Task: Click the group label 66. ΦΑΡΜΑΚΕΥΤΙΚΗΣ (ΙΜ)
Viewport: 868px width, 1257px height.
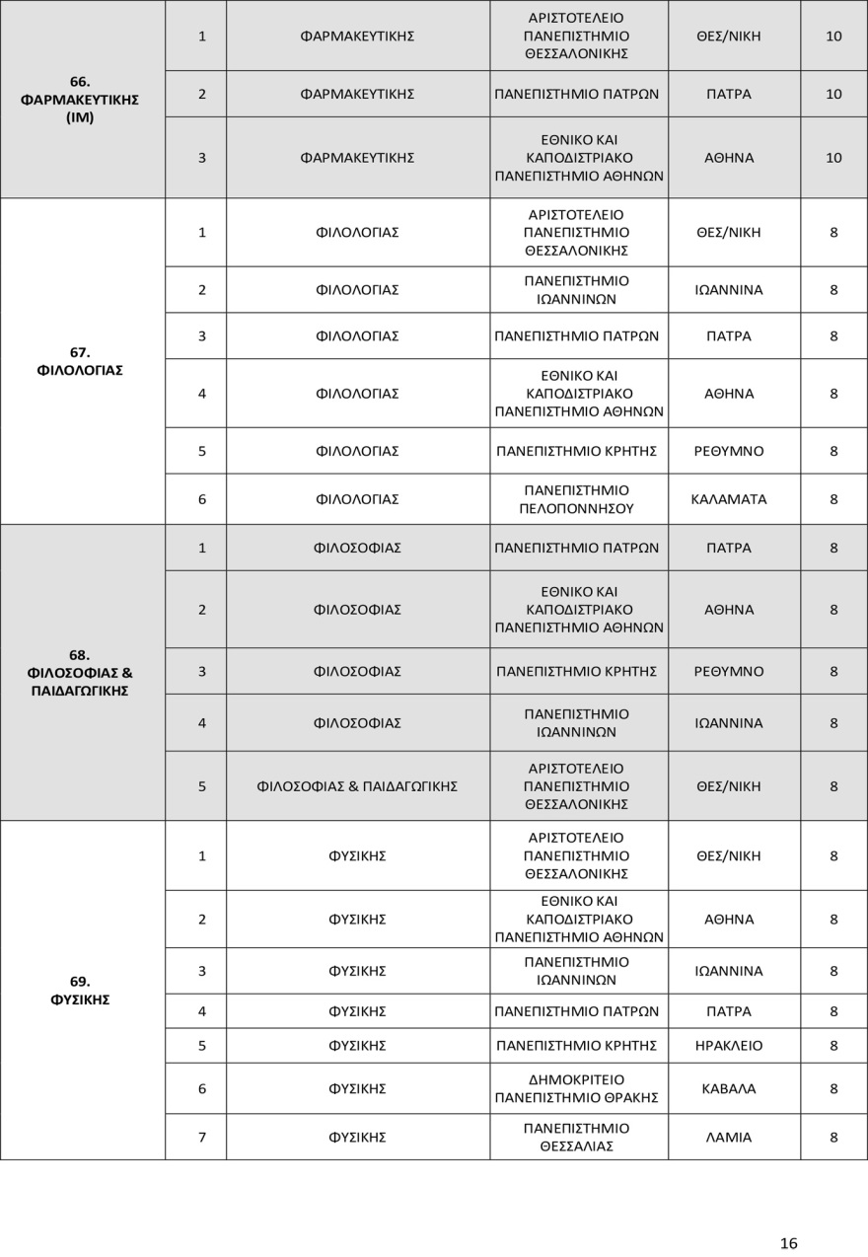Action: coord(80,100)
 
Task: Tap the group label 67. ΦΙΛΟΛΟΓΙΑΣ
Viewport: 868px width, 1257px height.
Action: coord(80,361)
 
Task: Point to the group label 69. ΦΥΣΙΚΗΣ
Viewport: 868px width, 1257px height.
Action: coord(80,991)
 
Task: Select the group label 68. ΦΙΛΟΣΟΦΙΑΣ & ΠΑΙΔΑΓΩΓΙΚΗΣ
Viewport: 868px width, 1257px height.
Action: coord(80,673)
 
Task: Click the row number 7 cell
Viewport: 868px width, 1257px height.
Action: coord(202,1138)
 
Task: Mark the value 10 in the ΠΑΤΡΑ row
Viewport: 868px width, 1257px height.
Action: coord(833,95)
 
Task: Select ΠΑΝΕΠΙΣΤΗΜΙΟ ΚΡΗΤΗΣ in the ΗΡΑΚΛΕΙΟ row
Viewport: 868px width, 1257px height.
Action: coord(576,1046)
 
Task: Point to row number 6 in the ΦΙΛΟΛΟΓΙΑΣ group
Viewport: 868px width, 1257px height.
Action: coord(202,499)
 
